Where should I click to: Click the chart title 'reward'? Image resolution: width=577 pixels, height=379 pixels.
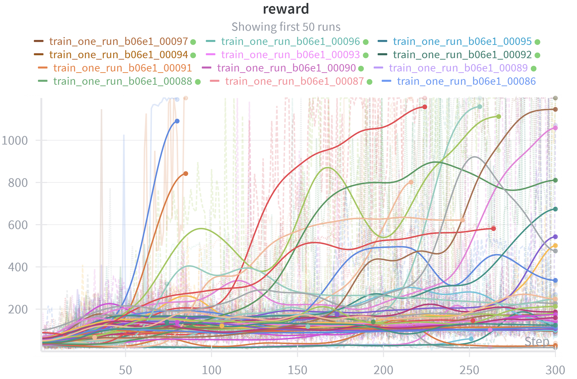coord(286,9)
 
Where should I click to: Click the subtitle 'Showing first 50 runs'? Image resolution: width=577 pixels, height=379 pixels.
coord(286,27)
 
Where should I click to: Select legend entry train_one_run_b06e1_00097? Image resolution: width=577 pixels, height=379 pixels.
coord(118,41)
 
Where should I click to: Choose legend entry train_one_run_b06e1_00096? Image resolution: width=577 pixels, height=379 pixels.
coord(290,41)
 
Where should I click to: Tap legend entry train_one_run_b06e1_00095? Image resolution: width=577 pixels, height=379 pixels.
coord(462,41)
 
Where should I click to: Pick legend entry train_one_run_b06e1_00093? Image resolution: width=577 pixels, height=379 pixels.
coord(290,55)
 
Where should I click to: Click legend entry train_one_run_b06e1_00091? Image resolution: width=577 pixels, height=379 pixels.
coord(122,68)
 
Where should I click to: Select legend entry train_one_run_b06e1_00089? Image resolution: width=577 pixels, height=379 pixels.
coord(458,68)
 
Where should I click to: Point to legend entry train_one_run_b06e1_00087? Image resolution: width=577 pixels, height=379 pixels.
coord(294,81)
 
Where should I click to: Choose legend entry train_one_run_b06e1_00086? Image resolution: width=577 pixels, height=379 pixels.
coord(466,81)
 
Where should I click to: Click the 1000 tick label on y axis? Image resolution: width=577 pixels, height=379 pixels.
coord(15,140)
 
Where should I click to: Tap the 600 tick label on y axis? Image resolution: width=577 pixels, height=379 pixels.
coord(18,225)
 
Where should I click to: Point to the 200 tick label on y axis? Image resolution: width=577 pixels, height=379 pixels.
coord(18,309)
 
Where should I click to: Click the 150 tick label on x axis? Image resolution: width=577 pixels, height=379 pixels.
coord(297,370)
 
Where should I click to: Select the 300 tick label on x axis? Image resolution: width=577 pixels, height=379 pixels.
coord(555,370)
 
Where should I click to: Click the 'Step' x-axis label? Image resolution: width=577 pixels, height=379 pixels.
coord(537,341)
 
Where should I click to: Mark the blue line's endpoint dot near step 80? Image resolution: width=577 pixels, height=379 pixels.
coord(177,121)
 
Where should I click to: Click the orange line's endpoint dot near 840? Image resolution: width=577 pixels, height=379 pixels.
coord(185,174)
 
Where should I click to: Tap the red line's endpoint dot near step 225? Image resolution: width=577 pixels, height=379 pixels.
coord(425,107)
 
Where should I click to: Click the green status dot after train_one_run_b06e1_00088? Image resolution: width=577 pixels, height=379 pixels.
coord(198,82)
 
